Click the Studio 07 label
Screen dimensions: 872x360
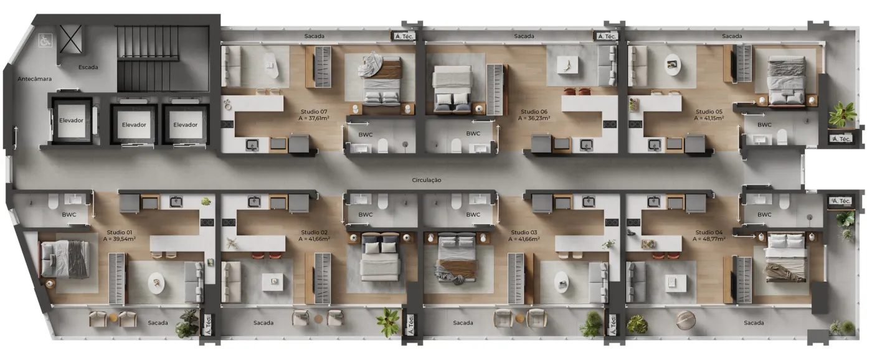(314, 111)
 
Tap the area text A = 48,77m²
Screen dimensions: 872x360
(709, 239)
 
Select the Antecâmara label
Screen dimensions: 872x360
(35, 79)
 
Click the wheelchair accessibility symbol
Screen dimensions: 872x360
(45, 40)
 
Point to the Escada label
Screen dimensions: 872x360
(88, 67)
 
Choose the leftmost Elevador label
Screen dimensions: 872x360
(71, 121)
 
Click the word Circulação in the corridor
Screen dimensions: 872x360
(427, 180)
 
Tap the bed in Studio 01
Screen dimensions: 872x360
(65, 259)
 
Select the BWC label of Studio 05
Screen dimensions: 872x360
(764, 125)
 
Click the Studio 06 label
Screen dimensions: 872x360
(534, 111)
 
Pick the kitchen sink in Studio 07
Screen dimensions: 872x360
(253, 145)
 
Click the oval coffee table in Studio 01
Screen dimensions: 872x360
(156, 283)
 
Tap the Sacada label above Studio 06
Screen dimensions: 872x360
(524, 36)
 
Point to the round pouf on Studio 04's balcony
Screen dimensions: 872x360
(686, 320)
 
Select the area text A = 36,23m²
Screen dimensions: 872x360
(534, 118)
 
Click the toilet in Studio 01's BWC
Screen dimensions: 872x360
(54, 202)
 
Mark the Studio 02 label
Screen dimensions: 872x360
(314, 232)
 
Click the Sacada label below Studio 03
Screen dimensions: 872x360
(463, 323)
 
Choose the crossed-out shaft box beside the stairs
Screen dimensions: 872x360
(70, 39)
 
